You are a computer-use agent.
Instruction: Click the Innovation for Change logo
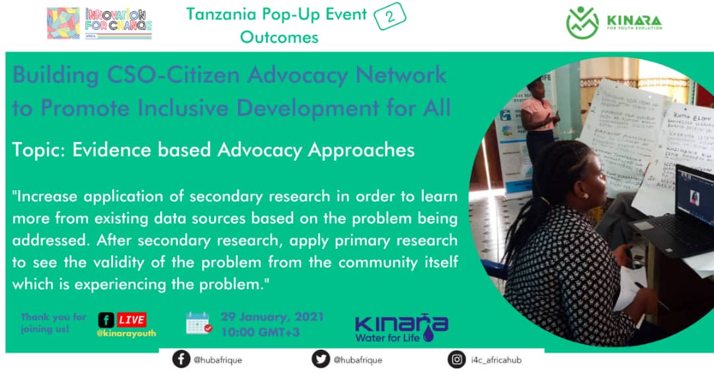point(100,24)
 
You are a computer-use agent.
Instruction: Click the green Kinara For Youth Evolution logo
point(614,23)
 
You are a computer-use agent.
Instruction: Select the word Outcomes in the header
point(279,37)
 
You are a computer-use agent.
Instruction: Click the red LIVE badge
point(132,320)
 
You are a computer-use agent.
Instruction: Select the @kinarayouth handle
point(126,333)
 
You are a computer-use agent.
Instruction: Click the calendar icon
point(198,323)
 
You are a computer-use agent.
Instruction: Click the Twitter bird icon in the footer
point(321,359)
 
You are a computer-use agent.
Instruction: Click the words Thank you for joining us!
point(45,322)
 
